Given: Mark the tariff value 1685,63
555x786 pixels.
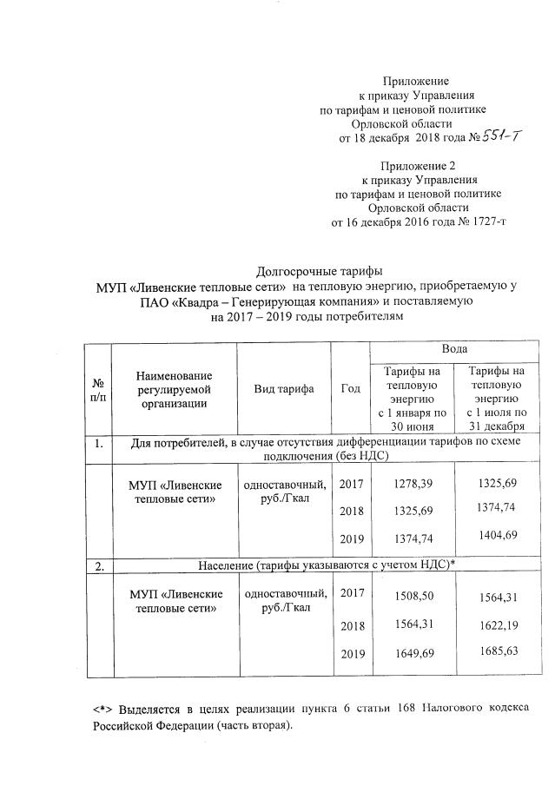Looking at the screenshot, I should [492, 651].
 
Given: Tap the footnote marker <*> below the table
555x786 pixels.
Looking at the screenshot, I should [103, 708].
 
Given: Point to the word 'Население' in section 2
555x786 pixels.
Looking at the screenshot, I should [234, 566].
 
